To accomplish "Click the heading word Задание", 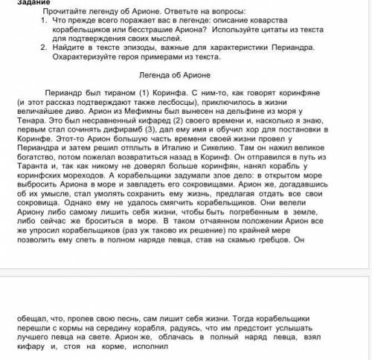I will (x=17, y=3).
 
